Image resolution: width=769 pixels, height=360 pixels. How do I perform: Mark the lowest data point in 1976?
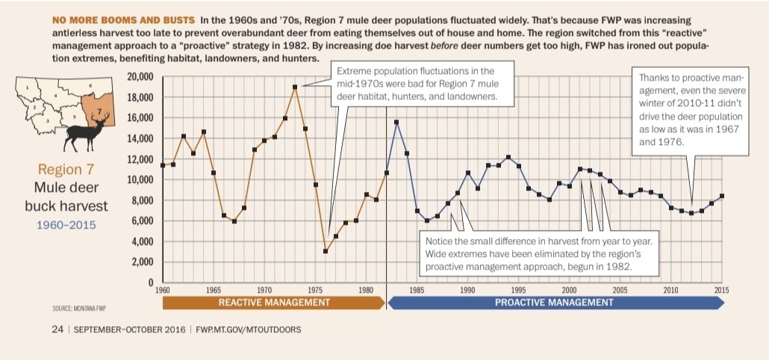click(x=326, y=251)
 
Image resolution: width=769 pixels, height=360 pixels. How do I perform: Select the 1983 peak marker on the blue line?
click(x=396, y=122)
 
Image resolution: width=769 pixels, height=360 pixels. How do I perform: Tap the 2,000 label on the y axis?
click(x=143, y=262)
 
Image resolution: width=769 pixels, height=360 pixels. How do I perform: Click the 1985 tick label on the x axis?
click(x=417, y=290)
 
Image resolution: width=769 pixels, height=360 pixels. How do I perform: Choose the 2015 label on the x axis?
click(x=721, y=290)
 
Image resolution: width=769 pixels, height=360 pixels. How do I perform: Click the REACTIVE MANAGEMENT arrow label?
click(x=274, y=302)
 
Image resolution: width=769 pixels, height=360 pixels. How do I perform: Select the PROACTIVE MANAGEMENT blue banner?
click(x=555, y=302)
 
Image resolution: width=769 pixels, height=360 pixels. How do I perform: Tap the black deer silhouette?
click(x=87, y=131)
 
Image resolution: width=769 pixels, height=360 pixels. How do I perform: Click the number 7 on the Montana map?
click(x=99, y=111)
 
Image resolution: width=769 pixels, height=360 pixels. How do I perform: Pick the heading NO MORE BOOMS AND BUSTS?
click(x=123, y=21)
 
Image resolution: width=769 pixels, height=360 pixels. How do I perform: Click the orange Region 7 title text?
click(x=66, y=170)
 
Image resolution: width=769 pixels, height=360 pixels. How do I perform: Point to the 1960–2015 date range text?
click(x=66, y=225)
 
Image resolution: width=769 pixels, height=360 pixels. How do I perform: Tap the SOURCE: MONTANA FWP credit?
click(x=79, y=308)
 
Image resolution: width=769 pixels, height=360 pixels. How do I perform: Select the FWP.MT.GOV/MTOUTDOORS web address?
click(x=248, y=329)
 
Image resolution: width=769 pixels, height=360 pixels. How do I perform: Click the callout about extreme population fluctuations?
click(x=423, y=84)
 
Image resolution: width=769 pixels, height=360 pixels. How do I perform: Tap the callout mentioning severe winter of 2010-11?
click(x=691, y=111)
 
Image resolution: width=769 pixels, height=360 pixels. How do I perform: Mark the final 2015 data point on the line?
click(x=721, y=196)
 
